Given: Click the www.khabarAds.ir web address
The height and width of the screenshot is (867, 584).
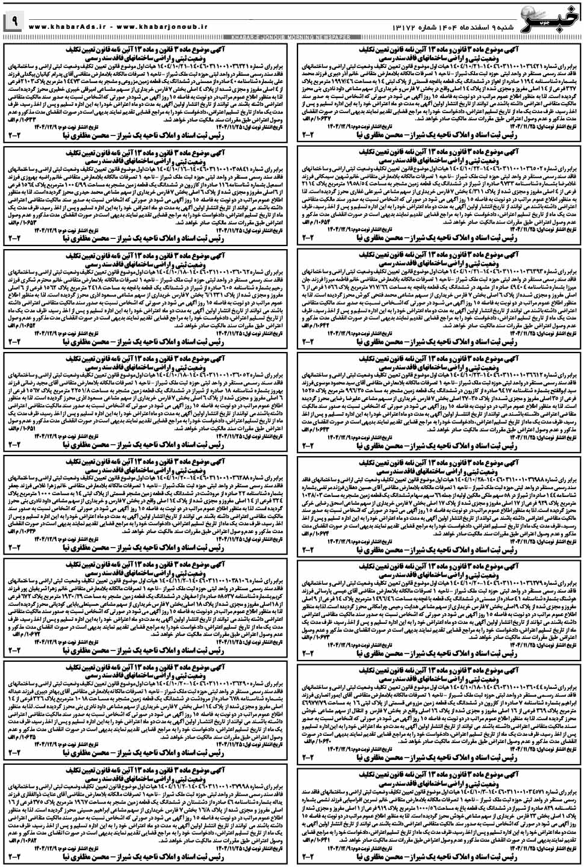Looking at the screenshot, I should (66, 27).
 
